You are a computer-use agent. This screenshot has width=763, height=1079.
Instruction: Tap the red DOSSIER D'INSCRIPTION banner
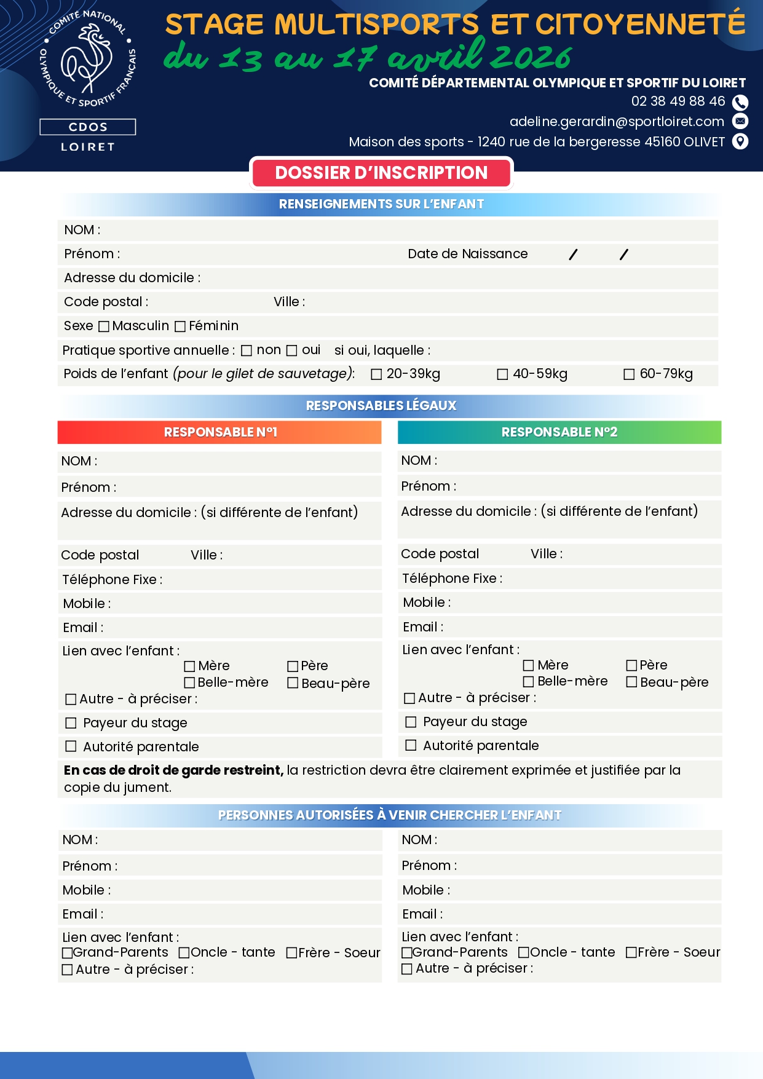click(381, 173)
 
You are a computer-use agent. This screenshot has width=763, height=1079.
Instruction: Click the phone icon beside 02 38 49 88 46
click(740, 102)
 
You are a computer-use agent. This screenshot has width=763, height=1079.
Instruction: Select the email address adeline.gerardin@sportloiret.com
click(617, 122)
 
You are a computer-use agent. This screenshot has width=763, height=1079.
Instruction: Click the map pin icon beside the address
click(741, 142)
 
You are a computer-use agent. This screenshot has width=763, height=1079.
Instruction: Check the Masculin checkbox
click(104, 326)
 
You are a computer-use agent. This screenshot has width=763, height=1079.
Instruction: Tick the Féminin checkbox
click(180, 326)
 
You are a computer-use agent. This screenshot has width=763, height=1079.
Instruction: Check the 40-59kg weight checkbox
click(502, 374)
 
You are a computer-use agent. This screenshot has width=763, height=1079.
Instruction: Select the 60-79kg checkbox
click(629, 374)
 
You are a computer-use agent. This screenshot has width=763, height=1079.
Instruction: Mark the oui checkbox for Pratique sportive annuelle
click(292, 350)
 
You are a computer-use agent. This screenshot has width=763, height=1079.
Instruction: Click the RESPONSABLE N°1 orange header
click(219, 432)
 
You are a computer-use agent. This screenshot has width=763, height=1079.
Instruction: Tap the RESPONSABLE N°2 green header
click(559, 432)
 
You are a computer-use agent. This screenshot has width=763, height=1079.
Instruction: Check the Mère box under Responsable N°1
click(190, 666)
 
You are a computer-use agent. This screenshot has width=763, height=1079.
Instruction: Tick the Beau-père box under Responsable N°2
click(631, 682)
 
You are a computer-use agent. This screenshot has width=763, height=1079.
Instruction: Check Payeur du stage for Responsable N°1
click(71, 723)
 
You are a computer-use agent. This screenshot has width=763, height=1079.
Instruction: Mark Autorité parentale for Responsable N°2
click(411, 746)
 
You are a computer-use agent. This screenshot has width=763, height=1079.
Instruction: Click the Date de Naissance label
click(467, 254)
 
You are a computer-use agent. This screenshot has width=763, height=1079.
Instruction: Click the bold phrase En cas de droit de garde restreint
click(173, 770)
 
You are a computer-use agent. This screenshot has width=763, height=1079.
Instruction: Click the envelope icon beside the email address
click(741, 121)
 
